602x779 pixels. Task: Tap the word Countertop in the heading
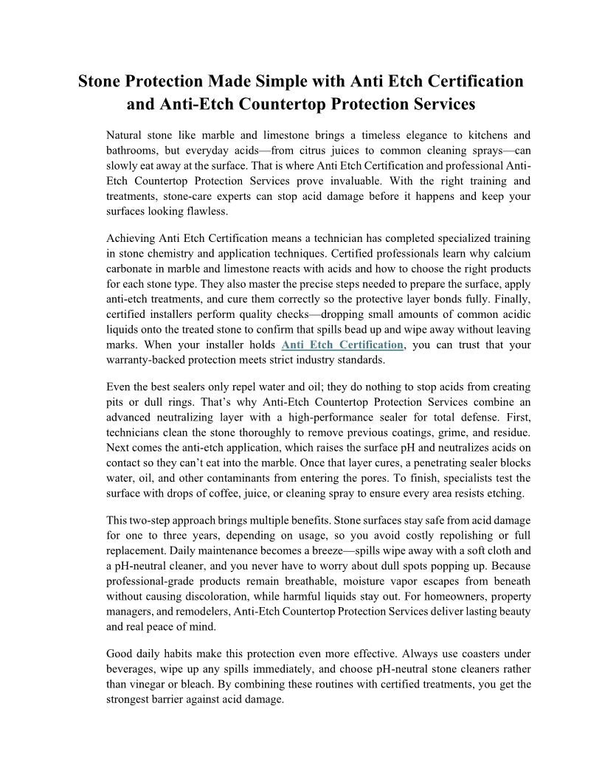(285, 104)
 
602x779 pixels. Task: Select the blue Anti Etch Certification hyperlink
(343, 345)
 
